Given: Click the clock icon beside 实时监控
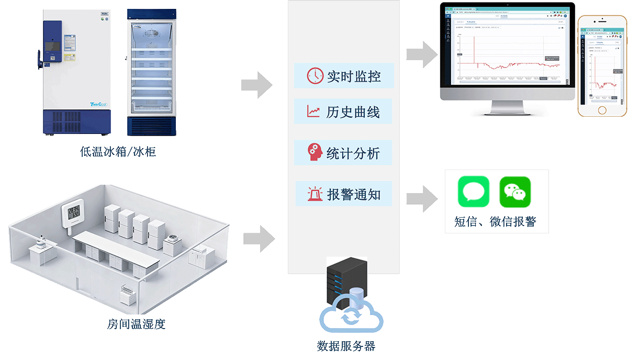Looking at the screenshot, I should tap(316, 76).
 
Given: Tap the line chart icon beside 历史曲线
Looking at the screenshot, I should tap(314, 111).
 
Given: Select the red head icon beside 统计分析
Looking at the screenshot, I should tap(315, 152).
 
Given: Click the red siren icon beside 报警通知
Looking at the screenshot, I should tap(315, 194).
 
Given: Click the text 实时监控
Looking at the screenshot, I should tap(354, 76).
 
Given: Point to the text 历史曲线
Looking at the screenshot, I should tap(353, 112).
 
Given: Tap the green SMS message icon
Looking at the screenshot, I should tap(474, 191).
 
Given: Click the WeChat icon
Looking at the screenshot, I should tap(515, 192).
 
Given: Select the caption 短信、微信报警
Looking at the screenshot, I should tap(495, 221).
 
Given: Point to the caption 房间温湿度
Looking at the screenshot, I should tap(136, 324).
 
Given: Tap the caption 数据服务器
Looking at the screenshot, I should tap(346, 346).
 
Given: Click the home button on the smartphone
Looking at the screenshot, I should tap(602, 110).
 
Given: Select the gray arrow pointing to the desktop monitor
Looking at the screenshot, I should tap(422, 54).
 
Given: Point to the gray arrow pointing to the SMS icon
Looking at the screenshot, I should tap(422, 198).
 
